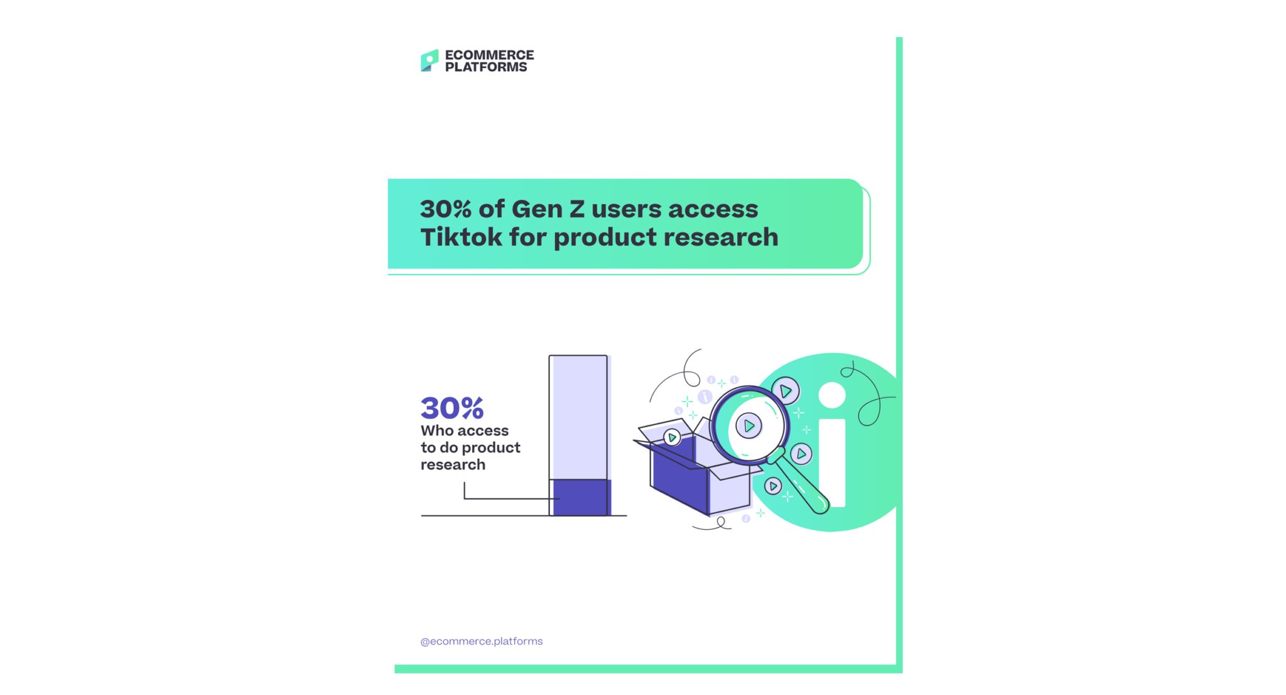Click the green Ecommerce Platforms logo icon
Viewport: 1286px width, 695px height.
430,60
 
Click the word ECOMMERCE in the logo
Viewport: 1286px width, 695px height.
490,55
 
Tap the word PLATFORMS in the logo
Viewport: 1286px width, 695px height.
486,67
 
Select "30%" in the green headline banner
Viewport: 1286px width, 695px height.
445,209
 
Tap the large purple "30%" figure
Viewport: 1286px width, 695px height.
452,408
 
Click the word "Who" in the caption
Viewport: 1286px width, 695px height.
438,430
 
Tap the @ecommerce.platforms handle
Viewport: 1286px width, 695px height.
482,641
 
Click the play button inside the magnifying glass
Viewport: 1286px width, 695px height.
748,426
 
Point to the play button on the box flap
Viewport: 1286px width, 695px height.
672,437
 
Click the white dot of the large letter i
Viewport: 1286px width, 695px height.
832,395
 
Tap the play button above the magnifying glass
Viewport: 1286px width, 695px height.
786,391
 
